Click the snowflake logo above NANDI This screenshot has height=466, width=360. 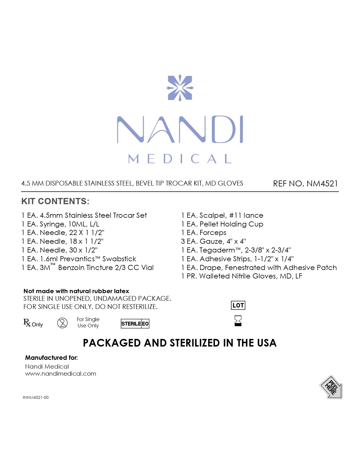click(x=180, y=88)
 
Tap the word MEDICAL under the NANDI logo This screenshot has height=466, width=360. click(x=180, y=159)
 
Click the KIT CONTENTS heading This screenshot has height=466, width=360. click(x=55, y=201)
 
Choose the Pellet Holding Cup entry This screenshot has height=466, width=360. click(x=222, y=224)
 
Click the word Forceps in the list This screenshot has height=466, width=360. click(x=213, y=233)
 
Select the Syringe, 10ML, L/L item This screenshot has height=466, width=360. click(x=60, y=224)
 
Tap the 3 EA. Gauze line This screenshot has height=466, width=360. click(x=213, y=241)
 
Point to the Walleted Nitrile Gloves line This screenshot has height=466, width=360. click(x=242, y=276)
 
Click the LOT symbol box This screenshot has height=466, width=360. click(x=238, y=305)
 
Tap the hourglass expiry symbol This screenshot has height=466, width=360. click(x=238, y=321)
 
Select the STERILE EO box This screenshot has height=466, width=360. click(x=135, y=324)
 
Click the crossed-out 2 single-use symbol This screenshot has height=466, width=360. click(x=62, y=323)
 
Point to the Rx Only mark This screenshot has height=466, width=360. click(x=33, y=323)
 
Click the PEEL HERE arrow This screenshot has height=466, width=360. click(x=331, y=387)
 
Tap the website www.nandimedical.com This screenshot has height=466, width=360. click(x=61, y=374)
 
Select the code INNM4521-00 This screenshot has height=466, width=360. click(x=36, y=397)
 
